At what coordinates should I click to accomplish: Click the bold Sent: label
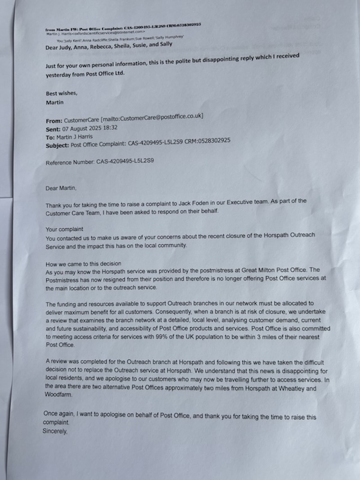point(54,128)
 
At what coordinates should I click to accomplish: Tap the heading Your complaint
point(64,229)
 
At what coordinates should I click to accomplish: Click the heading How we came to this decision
point(83,263)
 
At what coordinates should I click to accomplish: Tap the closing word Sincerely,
point(55,431)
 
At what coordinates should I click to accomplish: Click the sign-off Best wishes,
point(62,94)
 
